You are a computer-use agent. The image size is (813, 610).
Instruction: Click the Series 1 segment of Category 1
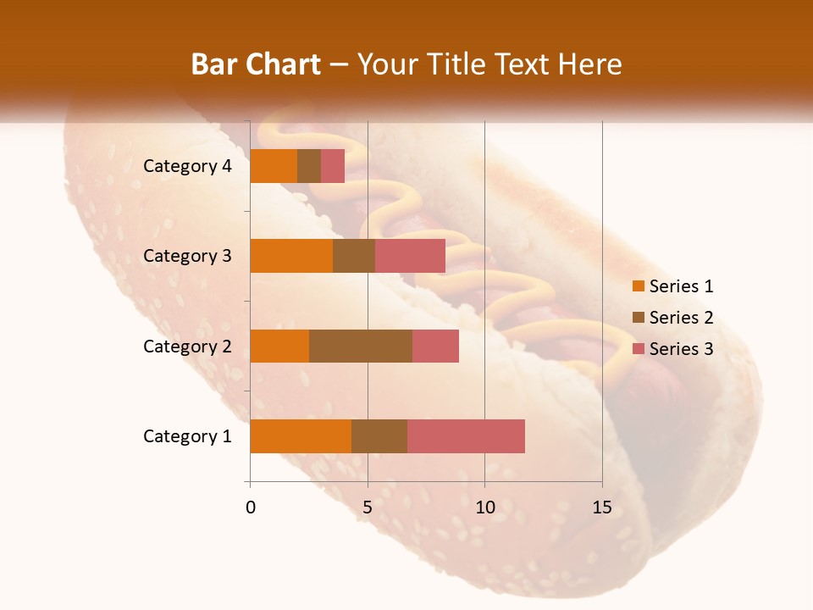point(301,436)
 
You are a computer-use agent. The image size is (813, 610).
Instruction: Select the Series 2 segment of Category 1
point(379,436)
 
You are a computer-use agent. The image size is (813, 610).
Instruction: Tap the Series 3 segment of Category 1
point(466,436)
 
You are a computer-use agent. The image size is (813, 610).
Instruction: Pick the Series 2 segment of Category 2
point(361,346)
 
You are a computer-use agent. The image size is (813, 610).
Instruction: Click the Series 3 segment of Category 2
point(435,346)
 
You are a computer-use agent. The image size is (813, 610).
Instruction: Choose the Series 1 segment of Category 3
point(291,256)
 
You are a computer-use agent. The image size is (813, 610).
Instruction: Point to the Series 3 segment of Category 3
point(410,256)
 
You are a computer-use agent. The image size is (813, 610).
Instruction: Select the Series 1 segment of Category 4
point(274,166)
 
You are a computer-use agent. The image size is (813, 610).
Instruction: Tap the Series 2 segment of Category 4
point(309,166)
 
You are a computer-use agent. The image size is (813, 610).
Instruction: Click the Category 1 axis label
point(187,436)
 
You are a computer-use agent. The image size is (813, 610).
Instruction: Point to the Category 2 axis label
point(187,346)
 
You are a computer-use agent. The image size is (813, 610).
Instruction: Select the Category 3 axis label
point(187,256)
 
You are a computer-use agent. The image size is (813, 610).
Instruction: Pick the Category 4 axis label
point(187,166)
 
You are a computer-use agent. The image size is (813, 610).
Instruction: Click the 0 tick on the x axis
point(251,507)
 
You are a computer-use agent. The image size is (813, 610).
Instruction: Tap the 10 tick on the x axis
point(484,507)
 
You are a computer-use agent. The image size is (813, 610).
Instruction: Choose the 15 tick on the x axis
point(601,507)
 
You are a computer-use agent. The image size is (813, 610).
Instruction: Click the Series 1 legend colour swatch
point(638,286)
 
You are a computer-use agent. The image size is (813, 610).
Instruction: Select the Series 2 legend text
point(681,318)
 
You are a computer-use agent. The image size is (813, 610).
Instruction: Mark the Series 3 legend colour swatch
point(638,349)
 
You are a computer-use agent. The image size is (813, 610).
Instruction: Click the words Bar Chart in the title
point(255,64)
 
